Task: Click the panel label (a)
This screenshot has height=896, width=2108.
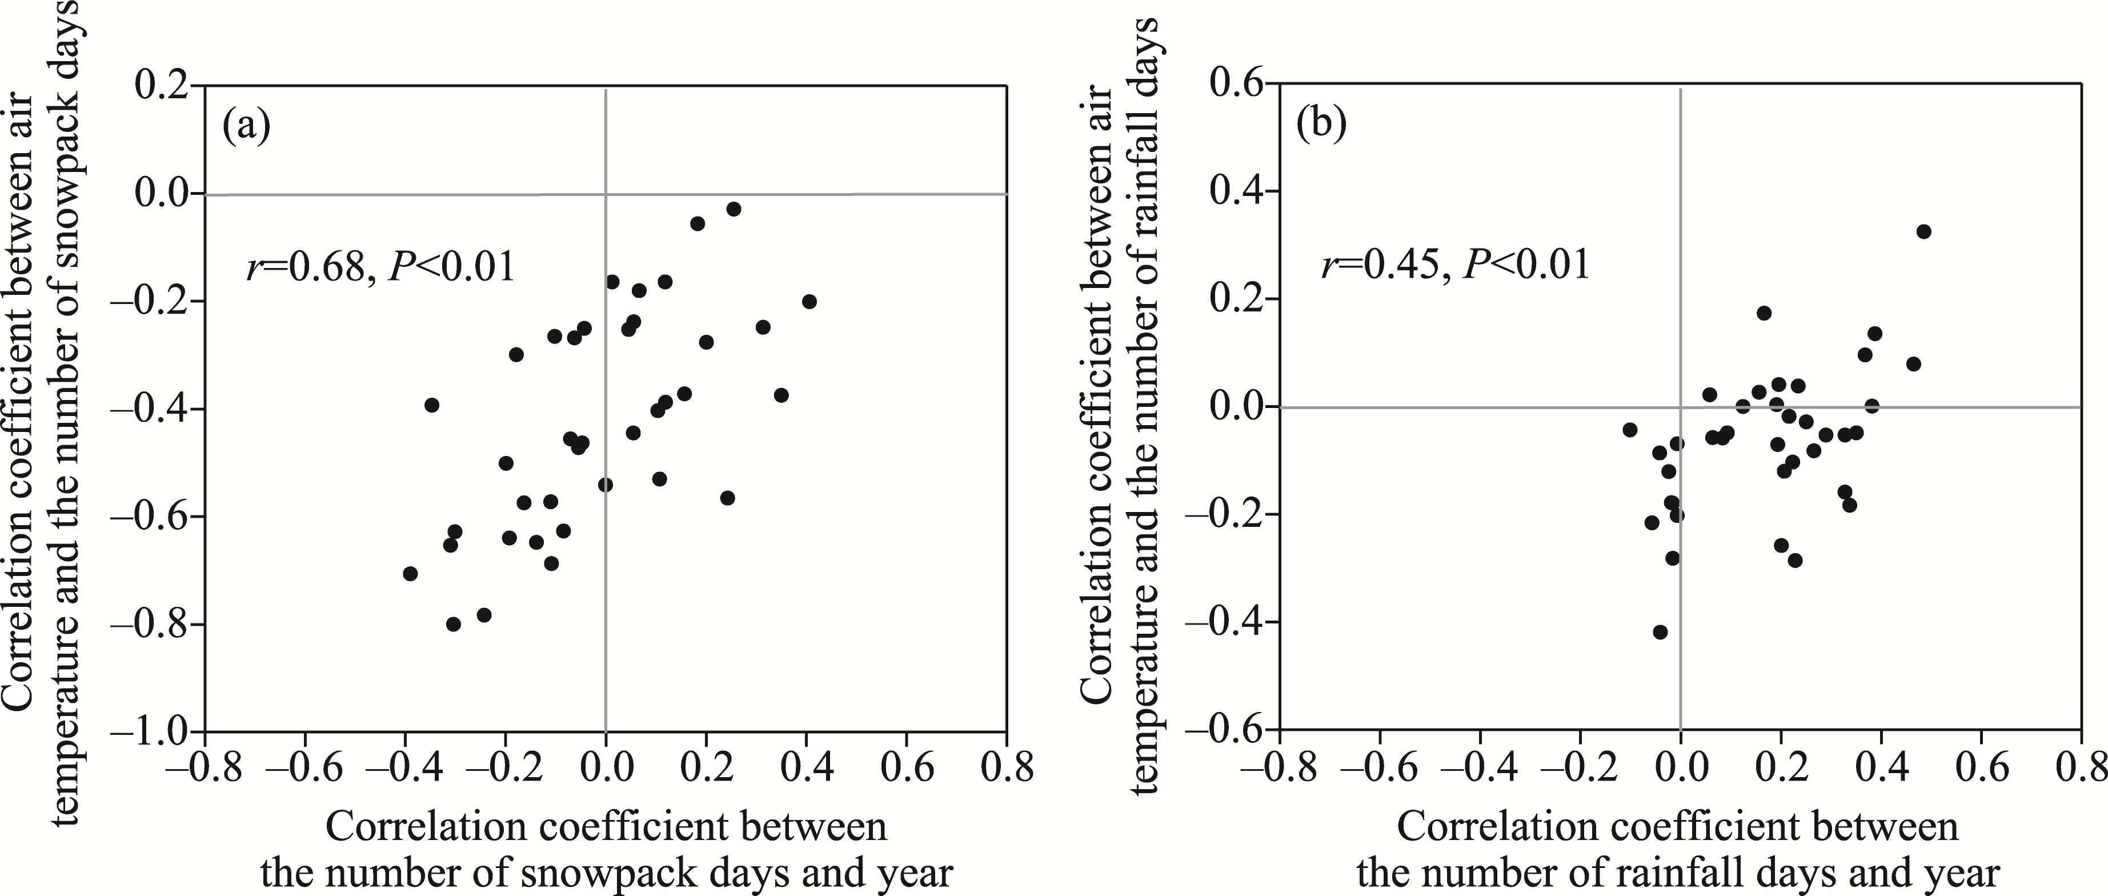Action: tap(246, 129)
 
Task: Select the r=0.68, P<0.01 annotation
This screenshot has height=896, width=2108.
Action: tap(380, 267)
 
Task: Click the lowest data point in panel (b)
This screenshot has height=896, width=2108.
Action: tap(1660, 631)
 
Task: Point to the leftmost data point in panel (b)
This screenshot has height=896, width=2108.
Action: tap(1630, 430)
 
